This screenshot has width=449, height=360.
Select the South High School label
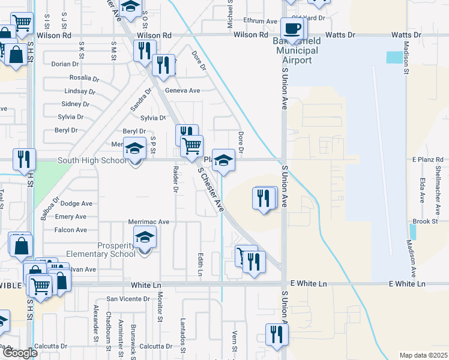click(92, 161)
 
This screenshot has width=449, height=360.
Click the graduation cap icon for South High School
click(134, 148)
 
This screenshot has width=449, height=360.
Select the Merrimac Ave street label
click(149, 221)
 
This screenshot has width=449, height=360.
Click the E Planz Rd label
click(426, 160)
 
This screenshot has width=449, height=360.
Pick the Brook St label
click(424, 221)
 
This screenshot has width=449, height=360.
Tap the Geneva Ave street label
click(182, 91)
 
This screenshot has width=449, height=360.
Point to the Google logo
click(19, 353)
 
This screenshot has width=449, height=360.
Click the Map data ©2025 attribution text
click(423, 355)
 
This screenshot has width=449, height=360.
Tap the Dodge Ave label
click(76, 203)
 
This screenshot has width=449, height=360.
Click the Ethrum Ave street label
click(260, 21)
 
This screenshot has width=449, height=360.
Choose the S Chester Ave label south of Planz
click(211, 190)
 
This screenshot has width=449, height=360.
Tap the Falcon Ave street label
click(70, 230)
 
